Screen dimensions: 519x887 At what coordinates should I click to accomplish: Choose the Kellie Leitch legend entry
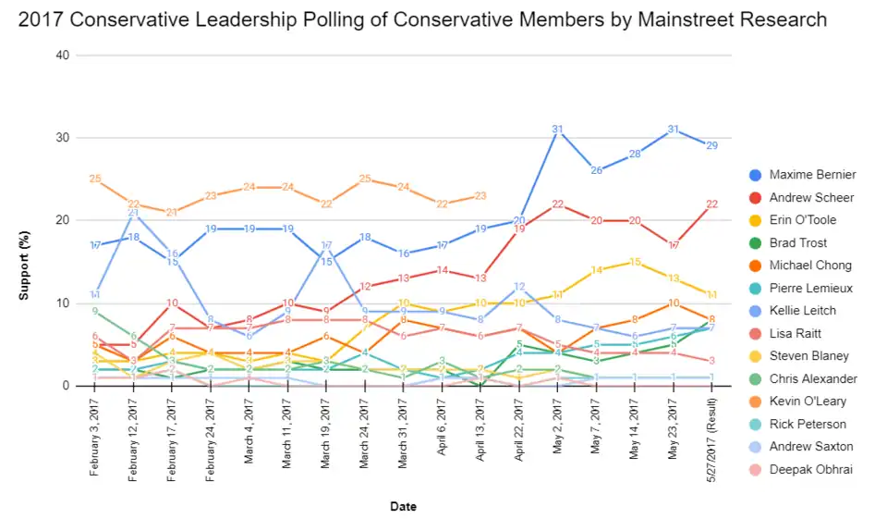(x=802, y=311)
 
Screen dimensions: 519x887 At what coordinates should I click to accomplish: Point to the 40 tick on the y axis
(x=64, y=56)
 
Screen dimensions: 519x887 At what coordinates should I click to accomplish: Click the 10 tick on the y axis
(x=64, y=303)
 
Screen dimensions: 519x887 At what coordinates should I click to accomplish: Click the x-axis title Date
(x=402, y=506)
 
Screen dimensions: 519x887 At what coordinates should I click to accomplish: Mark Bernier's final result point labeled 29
(x=711, y=145)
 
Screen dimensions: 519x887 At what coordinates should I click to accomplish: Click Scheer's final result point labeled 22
(x=711, y=204)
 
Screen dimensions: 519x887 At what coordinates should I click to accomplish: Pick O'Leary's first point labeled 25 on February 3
(x=95, y=179)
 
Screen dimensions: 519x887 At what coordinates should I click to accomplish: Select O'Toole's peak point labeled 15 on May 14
(x=634, y=262)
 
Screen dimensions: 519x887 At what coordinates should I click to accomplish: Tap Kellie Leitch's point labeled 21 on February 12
(x=133, y=212)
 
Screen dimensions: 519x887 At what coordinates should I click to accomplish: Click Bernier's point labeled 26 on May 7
(x=596, y=170)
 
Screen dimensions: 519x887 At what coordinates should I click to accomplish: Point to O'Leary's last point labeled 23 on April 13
(x=480, y=195)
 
